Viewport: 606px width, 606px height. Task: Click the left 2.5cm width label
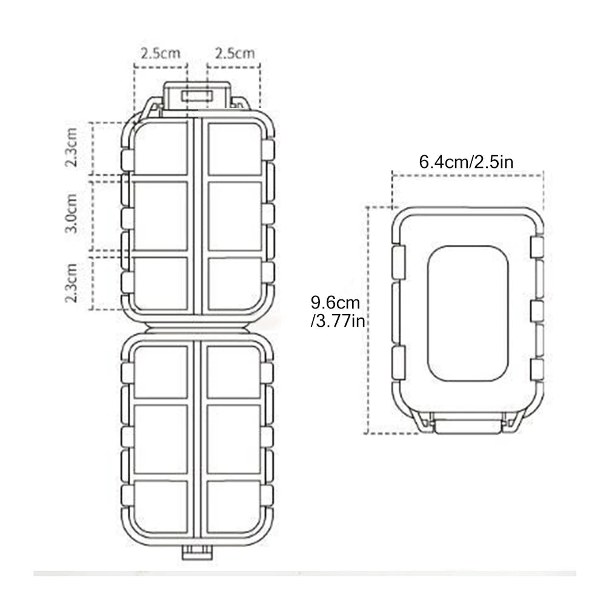pyautogui.click(x=161, y=53)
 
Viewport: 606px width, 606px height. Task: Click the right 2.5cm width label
pyautogui.click(x=235, y=53)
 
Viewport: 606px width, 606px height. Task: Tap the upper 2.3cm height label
pyautogui.click(x=71, y=147)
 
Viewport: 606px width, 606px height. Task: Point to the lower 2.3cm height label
pyautogui.click(x=71, y=282)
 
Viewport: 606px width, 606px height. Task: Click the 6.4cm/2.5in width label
pyautogui.click(x=466, y=162)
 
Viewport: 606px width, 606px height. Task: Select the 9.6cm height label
pyautogui.click(x=335, y=302)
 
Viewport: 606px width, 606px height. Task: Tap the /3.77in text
pyautogui.click(x=338, y=321)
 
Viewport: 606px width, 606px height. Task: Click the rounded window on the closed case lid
pyautogui.click(x=468, y=313)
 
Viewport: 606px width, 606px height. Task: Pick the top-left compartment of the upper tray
pyautogui.click(x=161, y=148)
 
